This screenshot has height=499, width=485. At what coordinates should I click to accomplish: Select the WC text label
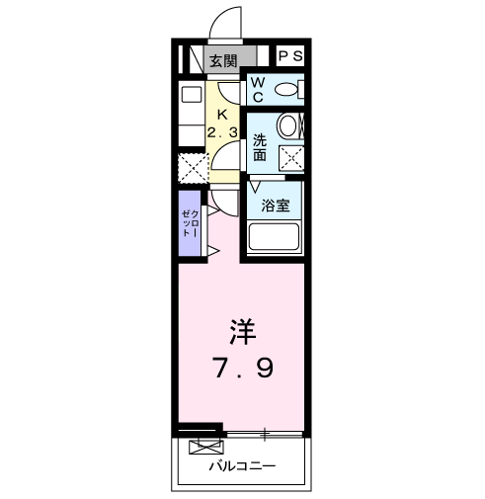(257, 90)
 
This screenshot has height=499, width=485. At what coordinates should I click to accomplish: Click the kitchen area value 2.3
(222, 132)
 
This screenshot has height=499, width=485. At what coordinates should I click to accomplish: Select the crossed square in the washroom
(290, 156)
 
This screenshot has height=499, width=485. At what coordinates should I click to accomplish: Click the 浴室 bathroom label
(275, 207)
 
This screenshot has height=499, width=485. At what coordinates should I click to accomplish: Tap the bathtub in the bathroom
(275, 237)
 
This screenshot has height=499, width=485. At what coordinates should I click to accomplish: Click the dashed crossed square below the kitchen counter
(191, 167)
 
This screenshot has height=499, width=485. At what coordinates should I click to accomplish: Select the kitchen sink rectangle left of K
(190, 96)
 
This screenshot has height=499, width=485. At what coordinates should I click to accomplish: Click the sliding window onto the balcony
(265, 434)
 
